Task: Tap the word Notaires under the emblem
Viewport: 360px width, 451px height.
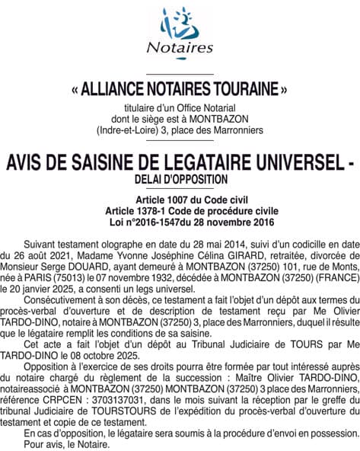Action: pyautogui.click(x=179, y=47)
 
